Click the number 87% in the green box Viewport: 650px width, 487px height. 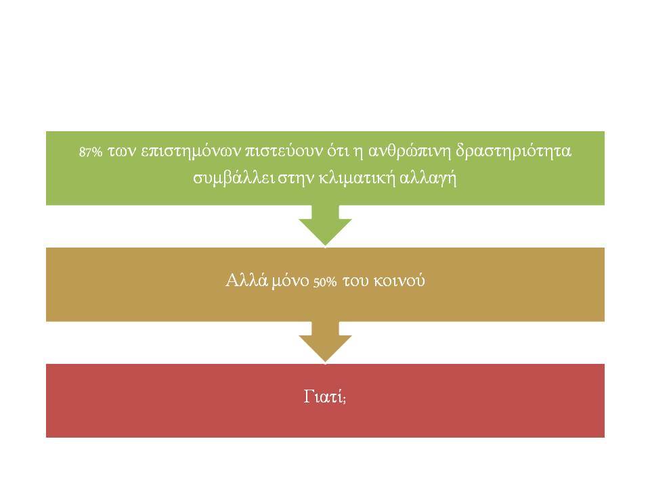pos(90,152)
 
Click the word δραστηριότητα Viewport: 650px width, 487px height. pos(514,151)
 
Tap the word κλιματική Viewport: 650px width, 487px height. pos(357,179)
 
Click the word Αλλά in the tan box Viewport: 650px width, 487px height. pos(247,280)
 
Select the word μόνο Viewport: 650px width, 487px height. pos(291,281)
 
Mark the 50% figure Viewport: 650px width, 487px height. pos(325,283)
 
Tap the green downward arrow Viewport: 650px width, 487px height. pos(326,226)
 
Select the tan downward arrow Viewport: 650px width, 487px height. pos(326,342)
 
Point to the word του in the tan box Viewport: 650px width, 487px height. pos(355,281)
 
